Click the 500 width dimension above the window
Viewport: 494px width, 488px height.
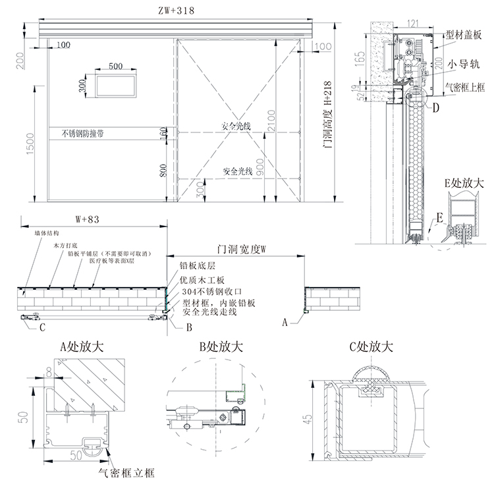tap(116, 66)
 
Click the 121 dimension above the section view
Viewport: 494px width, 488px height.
tap(413, 24)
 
